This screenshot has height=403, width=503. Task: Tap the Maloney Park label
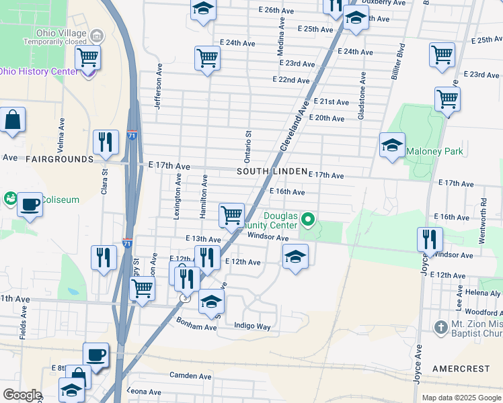434,151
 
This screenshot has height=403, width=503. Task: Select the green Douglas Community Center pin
308,219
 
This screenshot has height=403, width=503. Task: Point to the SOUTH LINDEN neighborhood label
272,172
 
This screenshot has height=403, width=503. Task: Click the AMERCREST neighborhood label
463,369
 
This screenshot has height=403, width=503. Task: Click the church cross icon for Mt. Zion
440,327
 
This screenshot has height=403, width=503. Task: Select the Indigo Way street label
252,326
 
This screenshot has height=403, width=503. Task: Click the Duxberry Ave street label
385,3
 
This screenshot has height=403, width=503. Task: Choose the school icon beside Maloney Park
392,146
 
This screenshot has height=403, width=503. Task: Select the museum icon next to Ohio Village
95,34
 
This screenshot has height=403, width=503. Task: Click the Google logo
22,395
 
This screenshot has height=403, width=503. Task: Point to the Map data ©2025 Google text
460,398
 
